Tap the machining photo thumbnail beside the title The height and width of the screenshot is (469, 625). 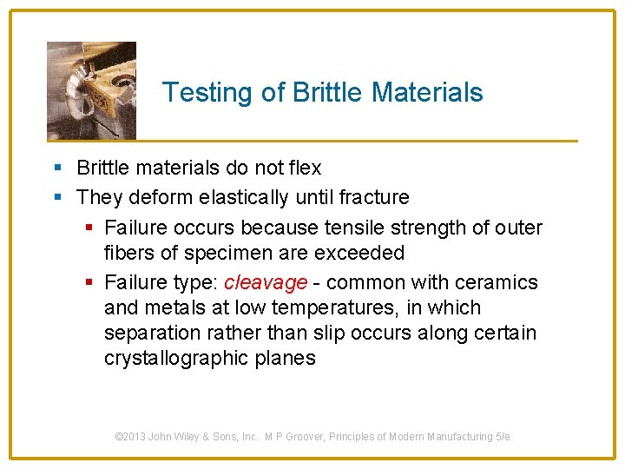(91, 89)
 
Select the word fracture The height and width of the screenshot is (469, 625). (374, 197)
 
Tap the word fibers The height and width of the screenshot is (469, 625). (128, 253)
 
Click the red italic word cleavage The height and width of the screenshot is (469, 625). (266, 282)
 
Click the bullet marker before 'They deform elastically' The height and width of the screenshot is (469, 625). (58, 197)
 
